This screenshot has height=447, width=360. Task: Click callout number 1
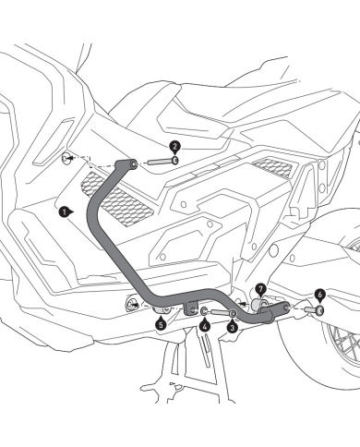[x=63, y=211]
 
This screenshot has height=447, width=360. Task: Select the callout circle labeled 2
[x=174, y=146]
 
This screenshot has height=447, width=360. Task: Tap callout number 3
[x=232, y=326]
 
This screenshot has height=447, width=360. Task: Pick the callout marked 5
[x=160, y=323]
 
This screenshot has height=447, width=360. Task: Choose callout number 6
[x=319, y=294]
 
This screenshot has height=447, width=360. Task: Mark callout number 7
[x=260, y=289]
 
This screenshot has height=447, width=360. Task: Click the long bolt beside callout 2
[x=156, y=166]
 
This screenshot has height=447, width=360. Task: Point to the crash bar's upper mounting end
[x=132, y=164]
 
